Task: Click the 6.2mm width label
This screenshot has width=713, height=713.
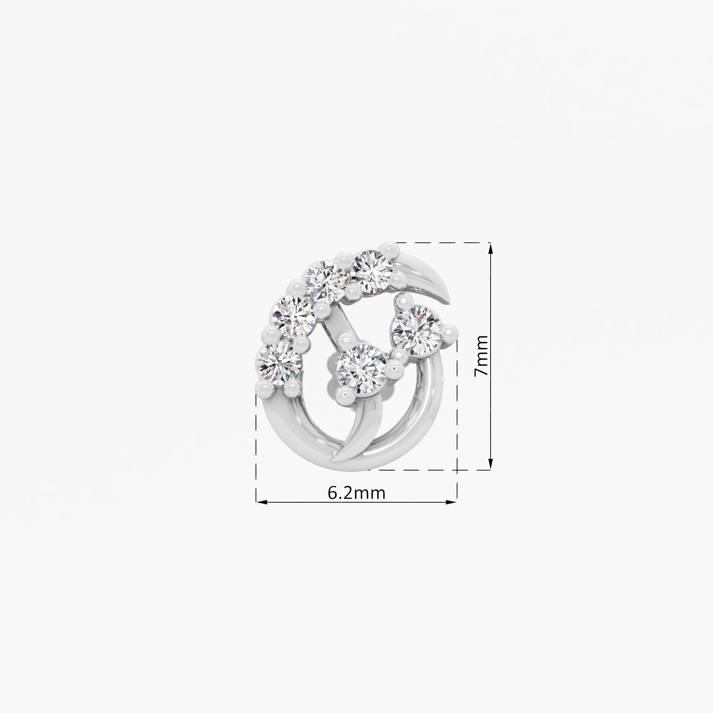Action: point(356,493)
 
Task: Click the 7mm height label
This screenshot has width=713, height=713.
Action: point(481,356)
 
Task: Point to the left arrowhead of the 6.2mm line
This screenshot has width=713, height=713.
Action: point(262,502)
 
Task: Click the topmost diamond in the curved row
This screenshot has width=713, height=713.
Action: point(371,272)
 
